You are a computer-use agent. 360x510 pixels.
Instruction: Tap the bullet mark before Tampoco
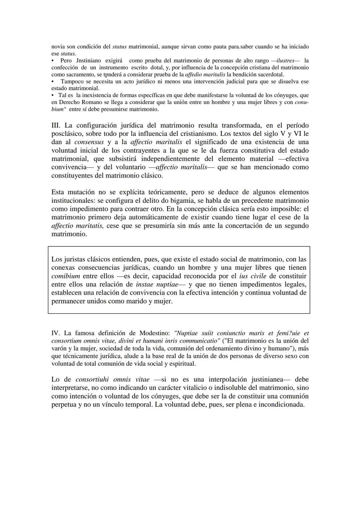tap(53, 81)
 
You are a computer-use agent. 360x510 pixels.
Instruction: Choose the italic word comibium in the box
tap(66, 276)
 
